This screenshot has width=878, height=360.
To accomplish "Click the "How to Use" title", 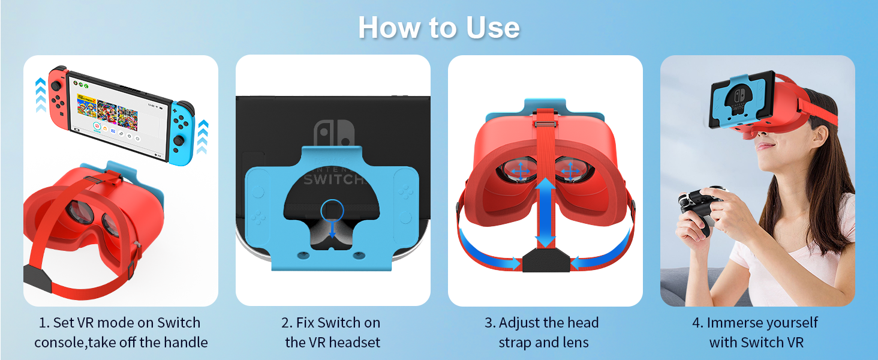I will (438, 28).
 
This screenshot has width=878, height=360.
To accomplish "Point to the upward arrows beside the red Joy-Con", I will (41, 95).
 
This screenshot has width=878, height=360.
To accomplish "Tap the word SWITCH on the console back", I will (333, 179).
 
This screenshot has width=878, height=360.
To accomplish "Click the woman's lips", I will (765, 146).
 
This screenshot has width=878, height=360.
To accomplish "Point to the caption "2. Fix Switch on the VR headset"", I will (332, 332).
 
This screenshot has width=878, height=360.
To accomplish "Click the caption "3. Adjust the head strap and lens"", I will (542, 332).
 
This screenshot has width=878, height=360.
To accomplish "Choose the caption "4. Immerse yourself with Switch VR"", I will (756, 332).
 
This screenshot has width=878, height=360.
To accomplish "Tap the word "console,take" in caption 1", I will (77, 343).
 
